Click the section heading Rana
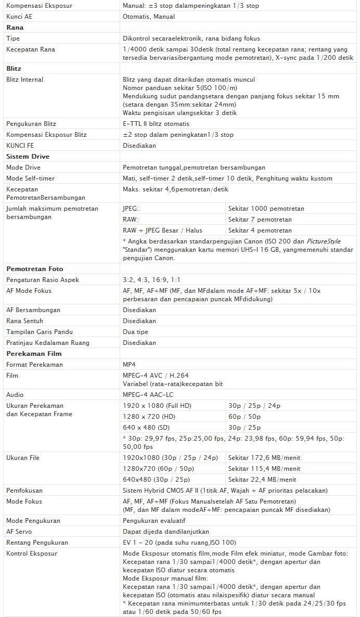[x=15, y=28]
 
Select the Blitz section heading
[x=14, y=69]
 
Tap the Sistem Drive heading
[x=28, y=157]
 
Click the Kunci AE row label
[x=19, y=17]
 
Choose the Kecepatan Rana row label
[x=31, y=49]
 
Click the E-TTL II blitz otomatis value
[x=156, y=124]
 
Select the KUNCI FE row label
[x=20, y=146]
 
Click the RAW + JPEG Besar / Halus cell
[x=162, y=230]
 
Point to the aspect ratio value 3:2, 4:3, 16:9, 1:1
[x=151, y=280]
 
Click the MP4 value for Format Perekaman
[x=129, y=365]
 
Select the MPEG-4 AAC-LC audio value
[x=148, y=395]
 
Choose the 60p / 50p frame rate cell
[x=245, y=417]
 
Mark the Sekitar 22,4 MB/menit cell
[x=262, y=480]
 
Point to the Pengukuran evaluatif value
[x=154, y=521]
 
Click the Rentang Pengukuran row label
[x=37, y=543]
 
